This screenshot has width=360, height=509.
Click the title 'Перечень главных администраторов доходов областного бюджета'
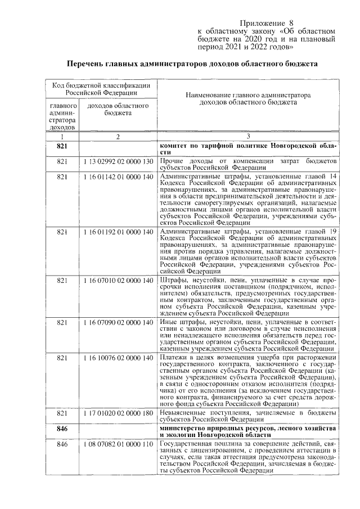tap(190, 64)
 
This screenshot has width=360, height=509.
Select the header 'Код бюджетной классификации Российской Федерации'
tap(101, 89)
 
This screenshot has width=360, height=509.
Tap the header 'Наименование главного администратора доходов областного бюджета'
tap(247, 100)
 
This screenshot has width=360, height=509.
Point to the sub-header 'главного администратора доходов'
tap(62, 117)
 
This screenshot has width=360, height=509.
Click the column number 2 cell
tap(118, 137)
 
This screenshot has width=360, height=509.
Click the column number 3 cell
tap(247, 137)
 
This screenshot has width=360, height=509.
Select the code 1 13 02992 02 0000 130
tap(118, 162)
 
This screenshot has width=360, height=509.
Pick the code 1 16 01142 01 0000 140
tap(118, 177)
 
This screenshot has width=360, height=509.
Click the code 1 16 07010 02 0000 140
tap(118, 279)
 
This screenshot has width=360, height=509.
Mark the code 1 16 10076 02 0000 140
tap(118, 358)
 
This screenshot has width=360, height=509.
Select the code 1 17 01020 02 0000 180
tap(118, 413)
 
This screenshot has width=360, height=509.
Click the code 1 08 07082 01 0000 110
tap(118, 444)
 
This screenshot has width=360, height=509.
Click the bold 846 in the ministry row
tap(62, 429)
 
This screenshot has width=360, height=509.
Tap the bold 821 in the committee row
tap(62, 146)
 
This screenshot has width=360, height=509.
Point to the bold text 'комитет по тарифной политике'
tap(214, 146)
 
